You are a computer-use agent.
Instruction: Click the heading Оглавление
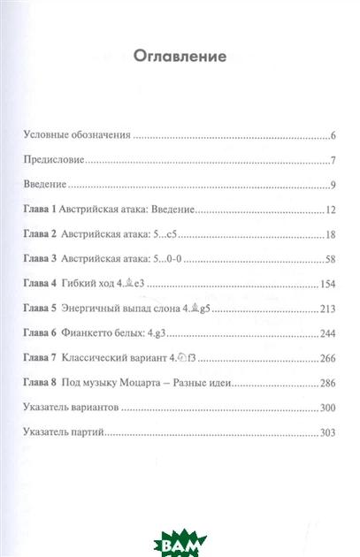[x=180, y=57]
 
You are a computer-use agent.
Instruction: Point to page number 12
[x=328, y=211]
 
